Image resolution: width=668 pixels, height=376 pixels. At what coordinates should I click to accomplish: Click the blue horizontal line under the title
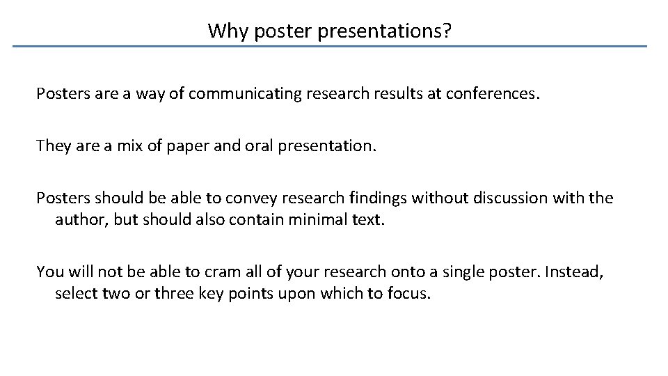pos(330,47)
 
